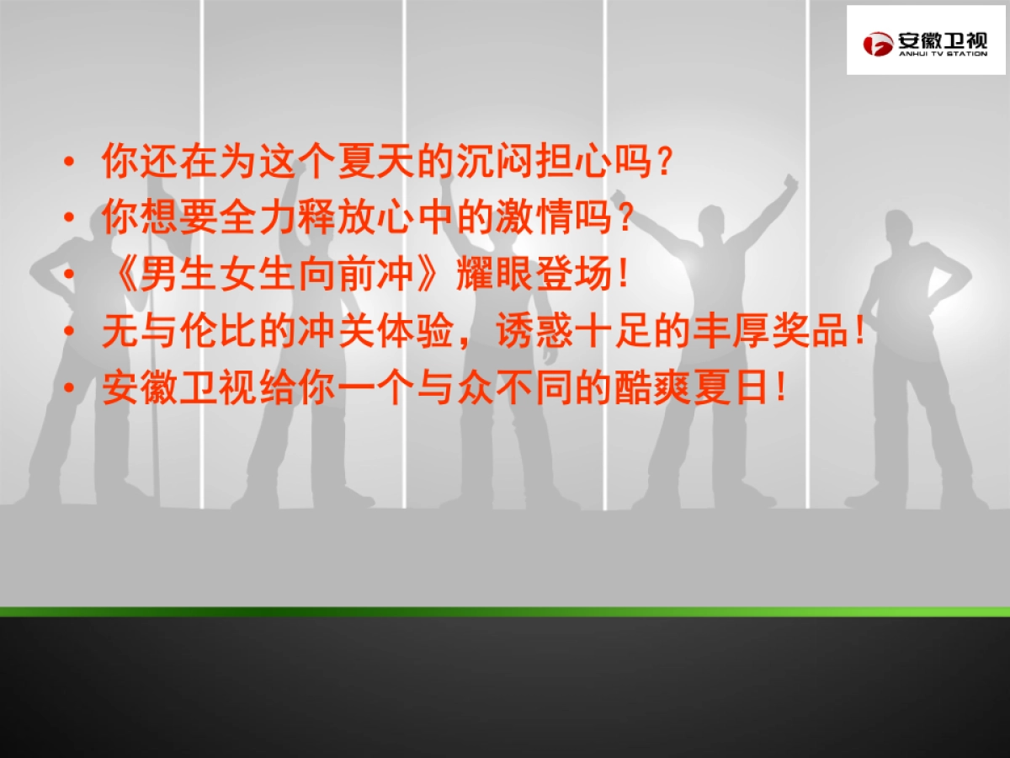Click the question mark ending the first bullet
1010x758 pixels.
665,161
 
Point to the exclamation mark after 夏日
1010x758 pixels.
782,388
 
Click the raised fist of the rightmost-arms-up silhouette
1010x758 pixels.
790,181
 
